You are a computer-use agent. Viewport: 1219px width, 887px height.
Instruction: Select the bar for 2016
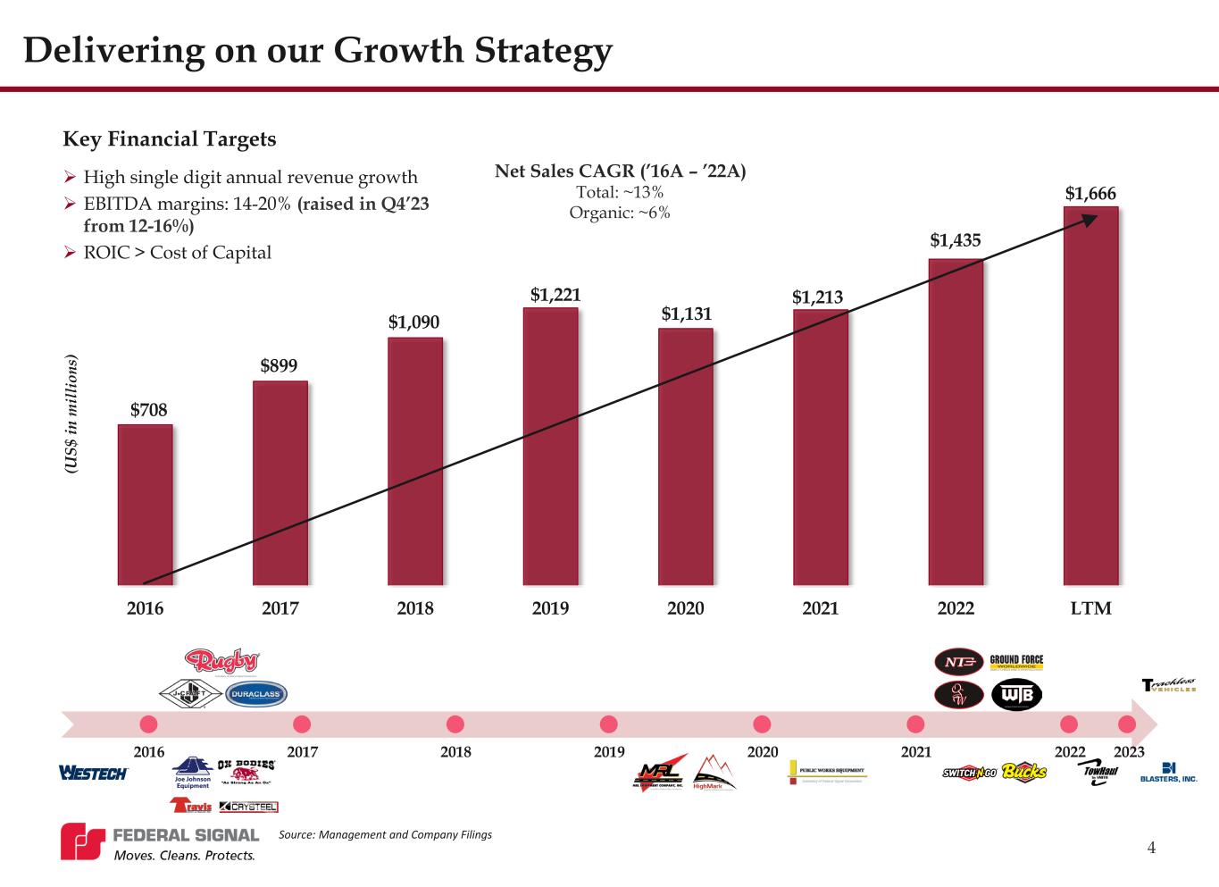pos(145,505)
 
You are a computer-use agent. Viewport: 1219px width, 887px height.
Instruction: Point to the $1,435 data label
pos(956,240)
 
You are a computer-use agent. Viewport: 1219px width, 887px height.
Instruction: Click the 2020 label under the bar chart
pos(685,608)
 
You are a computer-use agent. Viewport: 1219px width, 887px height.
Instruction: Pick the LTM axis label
pos(1090,608)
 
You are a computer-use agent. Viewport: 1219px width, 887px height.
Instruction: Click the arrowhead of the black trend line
pos(1090,220)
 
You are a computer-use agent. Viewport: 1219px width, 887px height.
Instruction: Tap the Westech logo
pos(93,773)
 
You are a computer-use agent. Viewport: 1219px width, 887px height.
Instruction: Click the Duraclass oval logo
pos(256,694)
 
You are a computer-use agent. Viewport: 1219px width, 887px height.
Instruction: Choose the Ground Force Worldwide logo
pos(1016,663)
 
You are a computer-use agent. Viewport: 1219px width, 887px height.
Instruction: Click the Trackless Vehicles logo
pos(1168,685)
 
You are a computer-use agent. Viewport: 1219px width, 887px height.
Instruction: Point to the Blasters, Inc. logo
pos(1168,773)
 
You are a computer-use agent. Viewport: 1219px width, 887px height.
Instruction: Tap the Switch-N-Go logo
pos(969,772)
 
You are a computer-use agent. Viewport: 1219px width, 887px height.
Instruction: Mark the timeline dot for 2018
pos(455,724)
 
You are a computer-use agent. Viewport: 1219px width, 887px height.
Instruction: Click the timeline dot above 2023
pos(1127,724)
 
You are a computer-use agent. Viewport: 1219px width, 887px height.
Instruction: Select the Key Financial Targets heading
pos(170,139)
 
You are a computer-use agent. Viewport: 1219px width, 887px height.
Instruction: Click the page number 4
pos(1151,848)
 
